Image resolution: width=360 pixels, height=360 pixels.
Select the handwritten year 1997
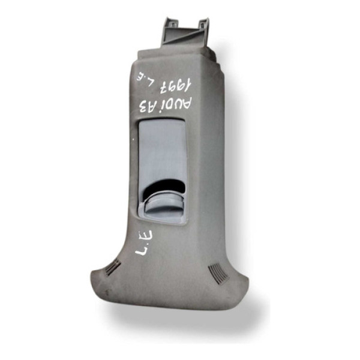click(175, 86)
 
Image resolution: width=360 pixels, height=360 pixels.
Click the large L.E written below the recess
click(144, 242)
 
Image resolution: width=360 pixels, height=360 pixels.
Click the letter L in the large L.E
click(142, 250)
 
